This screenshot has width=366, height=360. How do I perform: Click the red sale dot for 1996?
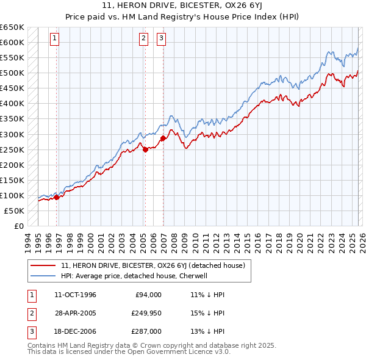pos(57,197)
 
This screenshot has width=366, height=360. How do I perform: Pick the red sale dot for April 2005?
pos(145,149)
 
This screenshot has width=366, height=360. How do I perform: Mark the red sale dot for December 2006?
pos(163,138)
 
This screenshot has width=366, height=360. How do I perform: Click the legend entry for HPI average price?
pos(135,276)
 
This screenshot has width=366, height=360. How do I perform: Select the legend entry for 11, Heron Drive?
pos(153,265)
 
